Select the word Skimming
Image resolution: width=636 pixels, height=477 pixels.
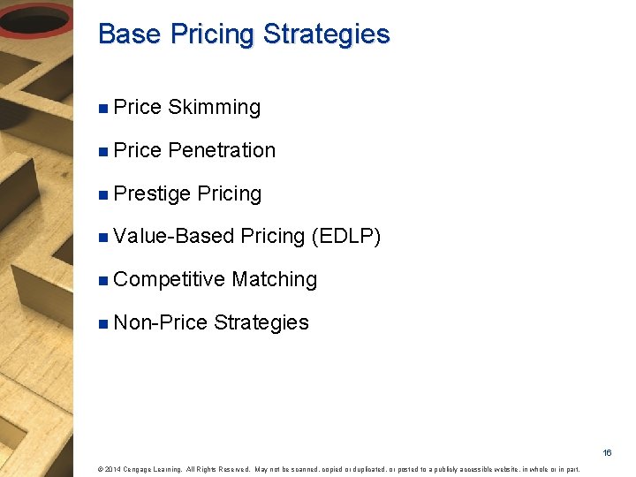click(214, 108)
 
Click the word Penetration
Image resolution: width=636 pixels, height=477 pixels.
click(222, 151)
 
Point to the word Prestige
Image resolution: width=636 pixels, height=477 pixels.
click(152, 194)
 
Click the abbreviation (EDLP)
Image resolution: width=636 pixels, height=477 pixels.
click(346, 237)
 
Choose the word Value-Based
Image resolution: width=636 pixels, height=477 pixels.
click(174, 237)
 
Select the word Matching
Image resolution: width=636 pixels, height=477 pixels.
click(275, 280)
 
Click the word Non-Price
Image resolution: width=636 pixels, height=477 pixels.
click(161, 323)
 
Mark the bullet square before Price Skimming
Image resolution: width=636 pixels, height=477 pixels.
click(104, 109)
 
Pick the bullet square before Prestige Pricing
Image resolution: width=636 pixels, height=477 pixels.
click(104, 194)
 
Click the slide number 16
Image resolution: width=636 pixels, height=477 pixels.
click(607, 452)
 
